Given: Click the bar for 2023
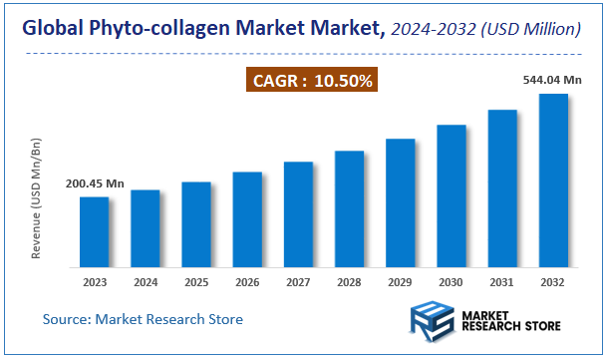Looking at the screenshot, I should coord(95,232).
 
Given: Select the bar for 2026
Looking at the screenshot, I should coord(247,219).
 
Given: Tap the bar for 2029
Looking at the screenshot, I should coord(400,203).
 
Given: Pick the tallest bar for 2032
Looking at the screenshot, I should coord(553,180).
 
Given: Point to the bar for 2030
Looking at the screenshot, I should coord(452,196).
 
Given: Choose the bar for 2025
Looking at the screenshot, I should coord(196,224).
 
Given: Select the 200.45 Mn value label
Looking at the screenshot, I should coord(95,183).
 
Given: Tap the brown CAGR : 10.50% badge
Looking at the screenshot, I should coord(312,81).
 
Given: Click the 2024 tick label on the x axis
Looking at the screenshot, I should coord(146,282).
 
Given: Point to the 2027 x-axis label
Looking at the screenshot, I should coord(298,282).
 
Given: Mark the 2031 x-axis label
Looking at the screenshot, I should coord(502,282).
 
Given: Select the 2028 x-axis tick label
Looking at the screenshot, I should coord(349,282).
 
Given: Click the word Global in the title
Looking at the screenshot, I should coord(52,31).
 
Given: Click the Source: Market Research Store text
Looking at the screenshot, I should coord(143,319).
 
